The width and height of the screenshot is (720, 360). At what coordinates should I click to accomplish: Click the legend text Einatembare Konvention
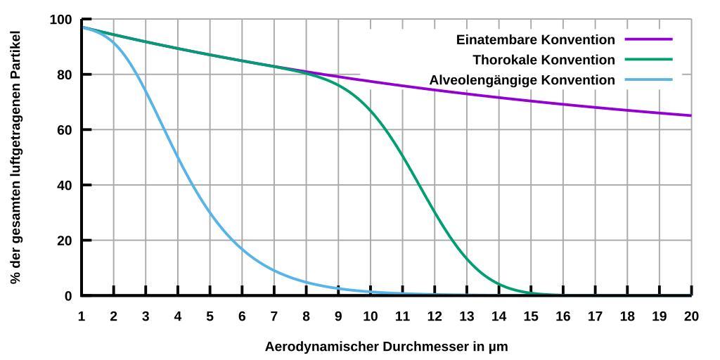[535, 39]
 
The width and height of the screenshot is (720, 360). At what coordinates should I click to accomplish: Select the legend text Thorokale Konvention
[544, 60]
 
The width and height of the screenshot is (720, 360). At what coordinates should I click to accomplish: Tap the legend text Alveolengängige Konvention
[522, 80]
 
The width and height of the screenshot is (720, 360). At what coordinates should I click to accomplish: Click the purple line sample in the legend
[648, 39]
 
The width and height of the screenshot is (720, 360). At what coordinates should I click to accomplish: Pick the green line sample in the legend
[648, 60]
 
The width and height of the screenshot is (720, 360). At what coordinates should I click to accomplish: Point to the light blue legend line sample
[648, 80]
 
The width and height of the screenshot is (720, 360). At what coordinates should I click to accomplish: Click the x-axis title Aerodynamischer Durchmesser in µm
[386, 347]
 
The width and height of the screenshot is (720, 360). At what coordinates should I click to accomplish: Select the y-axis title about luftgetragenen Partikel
[15, 157]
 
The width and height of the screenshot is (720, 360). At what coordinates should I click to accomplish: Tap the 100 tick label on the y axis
[61, 20]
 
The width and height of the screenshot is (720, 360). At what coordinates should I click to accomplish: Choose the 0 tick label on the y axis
[67, 296]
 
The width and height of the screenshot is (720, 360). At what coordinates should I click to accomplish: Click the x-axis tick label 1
[82, 316]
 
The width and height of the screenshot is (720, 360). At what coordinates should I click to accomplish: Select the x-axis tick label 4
[178, 316]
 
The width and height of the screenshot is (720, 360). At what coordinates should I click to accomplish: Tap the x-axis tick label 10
[371, 316]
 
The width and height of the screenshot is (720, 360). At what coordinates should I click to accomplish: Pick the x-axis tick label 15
[531, 316]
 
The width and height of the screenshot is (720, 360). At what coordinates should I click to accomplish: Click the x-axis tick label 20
[691, 316]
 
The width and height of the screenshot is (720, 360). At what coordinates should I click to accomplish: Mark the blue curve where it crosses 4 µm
[178, 157]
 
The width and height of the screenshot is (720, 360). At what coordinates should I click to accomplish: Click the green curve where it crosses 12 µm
[435, 212]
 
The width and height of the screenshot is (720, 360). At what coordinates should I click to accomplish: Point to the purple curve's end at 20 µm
[690, 115]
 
